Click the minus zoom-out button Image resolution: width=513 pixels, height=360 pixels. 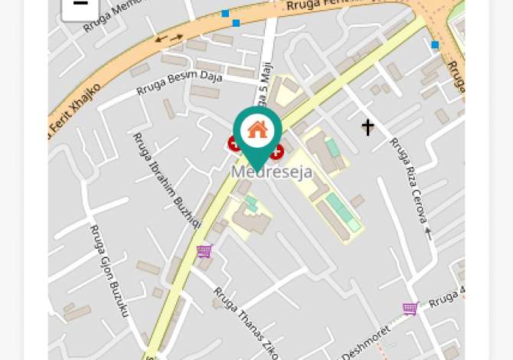[80, 7]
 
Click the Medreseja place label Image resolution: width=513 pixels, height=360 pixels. [272, 172]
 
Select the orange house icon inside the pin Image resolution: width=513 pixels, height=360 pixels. [257, 129]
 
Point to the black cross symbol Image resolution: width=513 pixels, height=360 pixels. [368, 126]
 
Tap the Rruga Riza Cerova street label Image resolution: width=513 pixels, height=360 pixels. [409, 179]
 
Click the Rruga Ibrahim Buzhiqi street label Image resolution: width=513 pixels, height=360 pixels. [166, 180]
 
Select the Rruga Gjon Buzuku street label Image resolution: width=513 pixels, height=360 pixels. [109, 270]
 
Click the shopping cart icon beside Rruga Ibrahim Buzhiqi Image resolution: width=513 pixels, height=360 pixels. [204, 251]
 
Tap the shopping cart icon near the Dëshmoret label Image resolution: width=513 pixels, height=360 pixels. [410, 309]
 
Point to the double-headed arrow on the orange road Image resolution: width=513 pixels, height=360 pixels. [169, 37]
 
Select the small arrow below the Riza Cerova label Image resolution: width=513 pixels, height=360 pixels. [428, 233]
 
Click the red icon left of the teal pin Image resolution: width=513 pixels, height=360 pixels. [234, 143]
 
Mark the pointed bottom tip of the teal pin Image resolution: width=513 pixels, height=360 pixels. [257, 171]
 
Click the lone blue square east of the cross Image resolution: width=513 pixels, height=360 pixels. [435, 45]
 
